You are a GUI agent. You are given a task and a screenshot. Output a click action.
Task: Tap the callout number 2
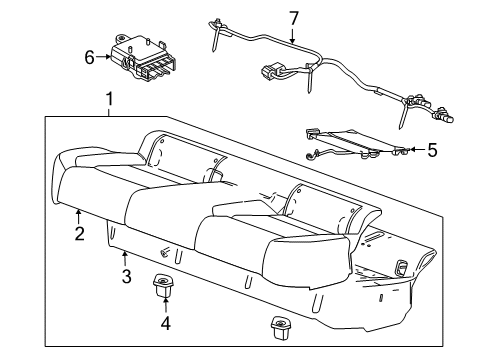point(79,234)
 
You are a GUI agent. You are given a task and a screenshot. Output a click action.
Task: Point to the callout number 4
point(164,322)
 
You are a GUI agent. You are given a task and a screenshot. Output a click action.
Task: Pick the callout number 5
point(432,150)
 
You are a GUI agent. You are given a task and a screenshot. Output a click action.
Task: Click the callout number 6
point(89,58)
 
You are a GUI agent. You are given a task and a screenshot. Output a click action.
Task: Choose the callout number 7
point(293,17)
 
